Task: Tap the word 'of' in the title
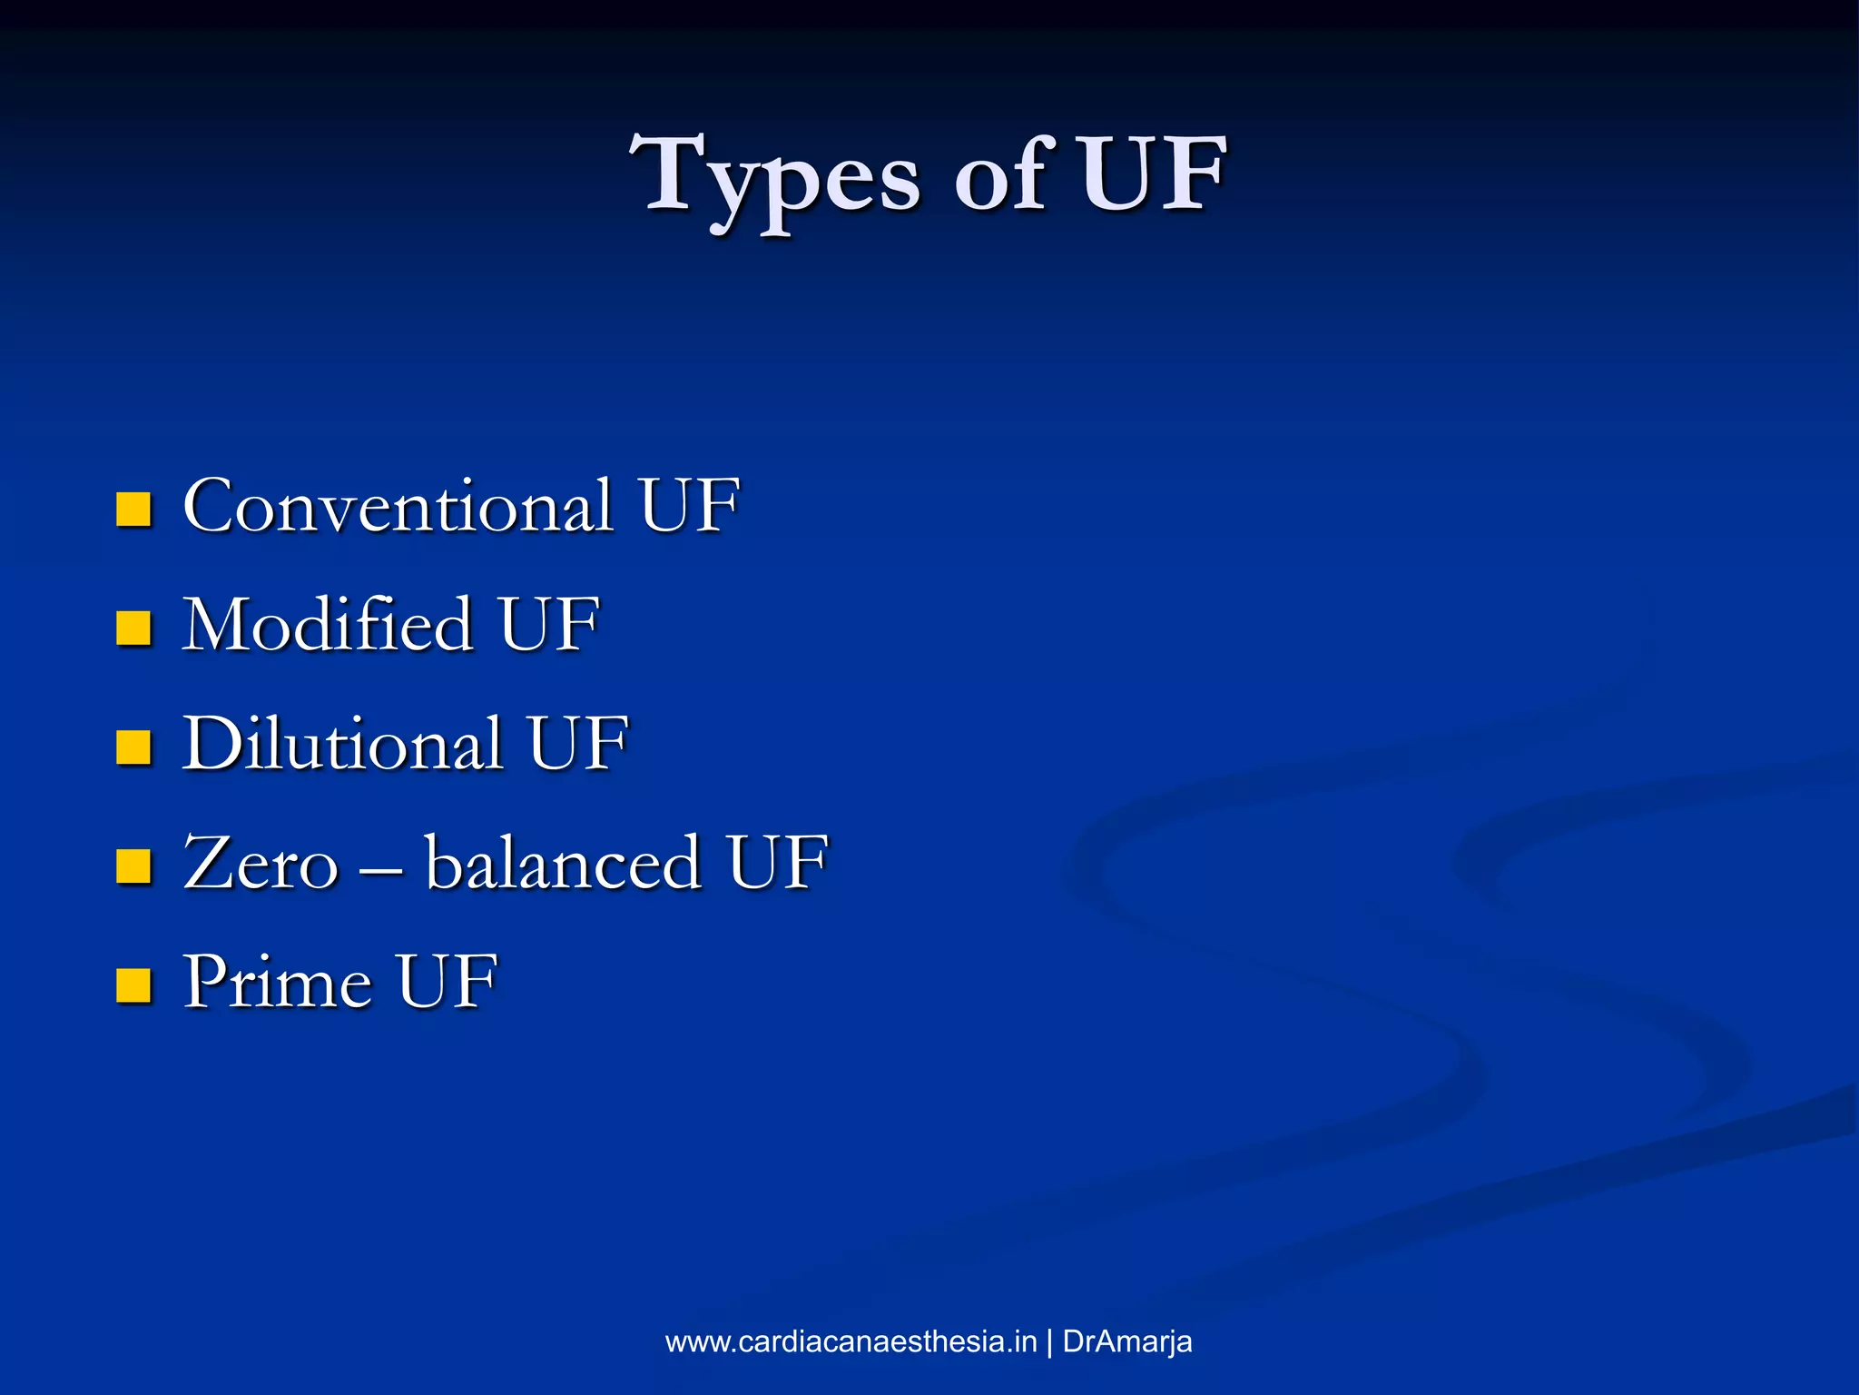(1004, 178)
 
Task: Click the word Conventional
(398, 506)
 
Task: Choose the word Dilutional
(342, 744)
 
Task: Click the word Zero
(261, 863)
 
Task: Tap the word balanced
(563, 863)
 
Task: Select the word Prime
(277, 982)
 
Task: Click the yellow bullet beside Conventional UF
(133, 510)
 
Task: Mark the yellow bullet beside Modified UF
(133, 628)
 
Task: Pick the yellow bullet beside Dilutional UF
(133, 747)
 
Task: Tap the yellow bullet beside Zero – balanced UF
(133, 866)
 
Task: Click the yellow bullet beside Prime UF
(133, 985)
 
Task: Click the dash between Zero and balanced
(380, 867)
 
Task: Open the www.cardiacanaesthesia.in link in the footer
(851, 1341)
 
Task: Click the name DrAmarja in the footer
(1126, 1341)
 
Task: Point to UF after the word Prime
(448, 982)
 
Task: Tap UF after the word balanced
(777, 863)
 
